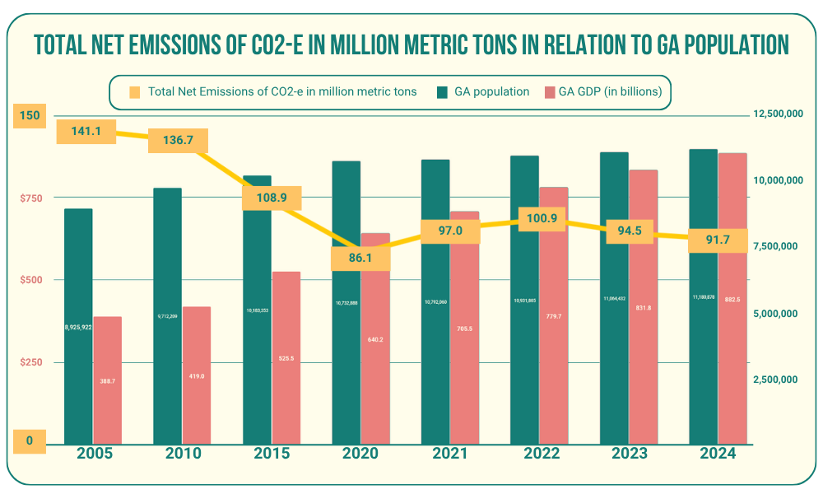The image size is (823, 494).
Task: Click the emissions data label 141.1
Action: [x=86, y=131]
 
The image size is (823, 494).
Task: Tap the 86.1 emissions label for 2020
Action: [x=360, y=258]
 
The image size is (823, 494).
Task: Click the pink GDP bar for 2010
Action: [x=197, y=387]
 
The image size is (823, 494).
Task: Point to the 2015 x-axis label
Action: [x=272, y=454]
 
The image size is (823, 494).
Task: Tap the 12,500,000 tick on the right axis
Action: [x=777, y=114]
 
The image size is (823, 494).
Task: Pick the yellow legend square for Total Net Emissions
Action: [x=135, y=91]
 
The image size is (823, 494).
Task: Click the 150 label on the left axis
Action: [x=30, y=114]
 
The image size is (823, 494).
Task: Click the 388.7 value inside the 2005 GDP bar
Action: [x=107, y=380]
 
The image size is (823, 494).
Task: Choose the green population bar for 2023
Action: [x=614, y=370]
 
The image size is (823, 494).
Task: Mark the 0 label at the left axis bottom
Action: [x=30, y=440]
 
